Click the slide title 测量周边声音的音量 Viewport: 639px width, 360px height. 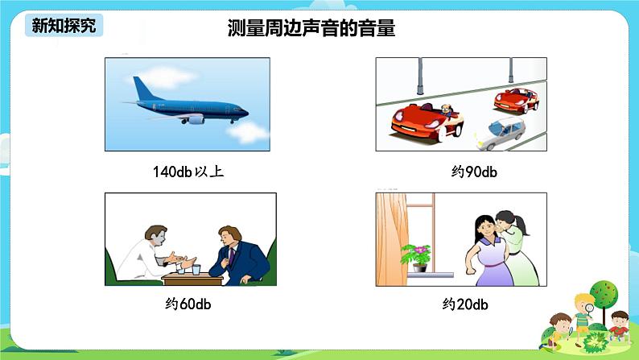[311, 29]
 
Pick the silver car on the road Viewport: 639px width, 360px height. [501, 134]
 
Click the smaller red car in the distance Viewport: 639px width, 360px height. [516, 100]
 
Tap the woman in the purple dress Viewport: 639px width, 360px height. [483, 254]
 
